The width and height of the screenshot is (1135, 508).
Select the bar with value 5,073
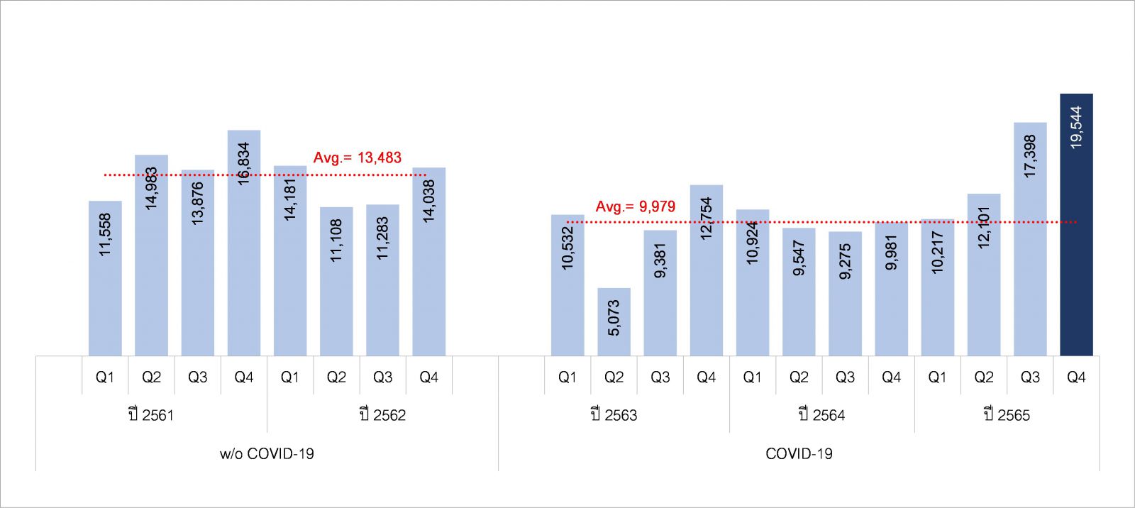click(x=614, y=321)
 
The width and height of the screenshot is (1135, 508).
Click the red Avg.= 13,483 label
click(x=358, y=158)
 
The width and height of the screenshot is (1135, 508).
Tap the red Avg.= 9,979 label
click(x=636, y=206)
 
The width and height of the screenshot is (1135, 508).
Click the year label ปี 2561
click(x=151, y=415)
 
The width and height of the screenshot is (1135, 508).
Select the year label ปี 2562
click(x=382, y=415)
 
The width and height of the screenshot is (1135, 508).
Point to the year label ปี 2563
click(x=614, y=415)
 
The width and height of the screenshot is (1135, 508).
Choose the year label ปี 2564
click(x=821, y=415)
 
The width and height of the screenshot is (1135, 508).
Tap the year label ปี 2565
click(x=1007, y=415)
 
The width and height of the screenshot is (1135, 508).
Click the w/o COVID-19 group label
click(x=267, y=453)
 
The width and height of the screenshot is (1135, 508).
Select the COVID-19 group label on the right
click(x=799, y=453)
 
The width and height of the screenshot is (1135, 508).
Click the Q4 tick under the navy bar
click(x=1076, y=377)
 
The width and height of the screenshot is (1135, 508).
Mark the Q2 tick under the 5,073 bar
click(x=614, y=377)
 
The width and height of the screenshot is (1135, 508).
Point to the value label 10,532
click(x=567, y=248)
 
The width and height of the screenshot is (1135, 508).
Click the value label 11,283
click(x=383, y=238)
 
